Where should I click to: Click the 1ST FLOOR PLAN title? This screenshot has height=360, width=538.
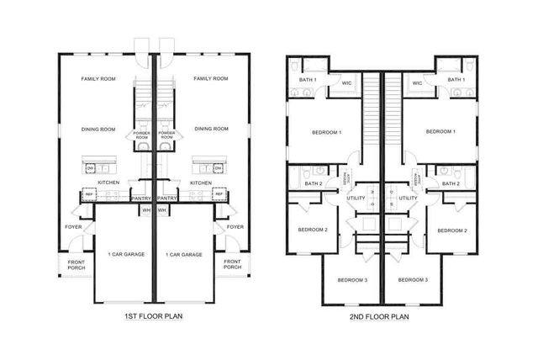(153, 317)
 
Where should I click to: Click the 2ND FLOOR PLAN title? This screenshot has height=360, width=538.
(379, 317)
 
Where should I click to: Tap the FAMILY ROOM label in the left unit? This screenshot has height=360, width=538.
(98, 78)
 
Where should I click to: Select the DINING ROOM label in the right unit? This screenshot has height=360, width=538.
(211, 129)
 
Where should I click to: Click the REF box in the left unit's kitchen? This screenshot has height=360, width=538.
(88, 194)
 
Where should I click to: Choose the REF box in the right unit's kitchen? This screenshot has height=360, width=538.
(219, 194)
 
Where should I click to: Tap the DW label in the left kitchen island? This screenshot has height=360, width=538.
(90, 168)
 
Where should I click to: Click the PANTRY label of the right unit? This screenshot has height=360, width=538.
(166, 199)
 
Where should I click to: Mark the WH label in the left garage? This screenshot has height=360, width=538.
(145, 209)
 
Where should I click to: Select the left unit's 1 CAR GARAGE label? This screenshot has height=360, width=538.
(124, 254)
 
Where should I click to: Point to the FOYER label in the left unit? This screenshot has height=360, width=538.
(73, 226)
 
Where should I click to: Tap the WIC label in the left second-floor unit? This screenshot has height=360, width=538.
(346, 82)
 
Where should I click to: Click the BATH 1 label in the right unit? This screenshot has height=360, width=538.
(456, 79)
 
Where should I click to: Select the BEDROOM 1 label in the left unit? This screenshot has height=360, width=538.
(325, 132)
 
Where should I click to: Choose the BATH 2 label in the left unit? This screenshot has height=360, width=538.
(313, 183)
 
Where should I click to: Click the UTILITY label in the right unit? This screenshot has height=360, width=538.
(408, 199)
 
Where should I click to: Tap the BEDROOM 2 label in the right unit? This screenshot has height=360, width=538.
(451, 230)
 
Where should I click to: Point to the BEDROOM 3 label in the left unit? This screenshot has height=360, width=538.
(352, 279)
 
